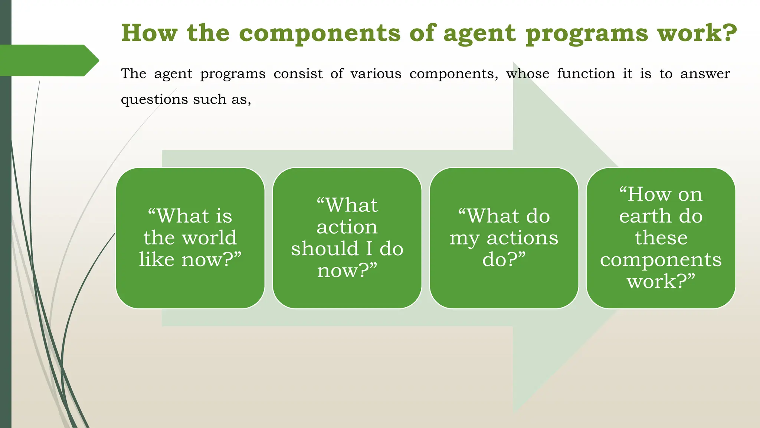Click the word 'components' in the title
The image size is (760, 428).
[x=320, y=33]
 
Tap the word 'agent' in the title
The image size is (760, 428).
[x=479, y=33]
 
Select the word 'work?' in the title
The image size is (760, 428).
[x=697, y=33]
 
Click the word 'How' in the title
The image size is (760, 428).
[x=149, y=33]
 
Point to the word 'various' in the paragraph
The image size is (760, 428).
[x=376, y=74]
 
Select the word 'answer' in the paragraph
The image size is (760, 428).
[x=705, y=74]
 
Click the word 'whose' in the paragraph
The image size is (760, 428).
[x=528, y=74]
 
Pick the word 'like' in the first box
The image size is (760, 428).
[x=157, y=259]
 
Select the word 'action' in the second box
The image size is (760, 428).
[x=347, y=227]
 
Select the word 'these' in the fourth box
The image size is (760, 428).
[x=661, y=238]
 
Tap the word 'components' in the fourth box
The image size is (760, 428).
[x=661, y=260]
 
